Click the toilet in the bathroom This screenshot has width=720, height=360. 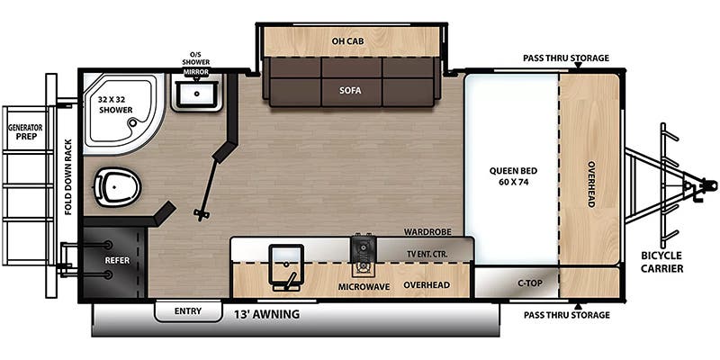pos(118,186)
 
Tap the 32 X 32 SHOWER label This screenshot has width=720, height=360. pos(115,104)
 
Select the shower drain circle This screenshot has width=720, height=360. pos(133,122)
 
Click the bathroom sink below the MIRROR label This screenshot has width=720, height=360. pos(196,94)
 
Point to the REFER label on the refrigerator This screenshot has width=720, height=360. pos(117,260)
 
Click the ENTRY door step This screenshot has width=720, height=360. pos(188,311)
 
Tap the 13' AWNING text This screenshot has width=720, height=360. pos(266,314)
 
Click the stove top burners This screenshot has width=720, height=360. pos(364,256)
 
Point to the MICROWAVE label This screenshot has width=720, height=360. pos(364,287)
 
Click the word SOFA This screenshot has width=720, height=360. pos(351,91)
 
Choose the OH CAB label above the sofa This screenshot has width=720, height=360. pos(347,41)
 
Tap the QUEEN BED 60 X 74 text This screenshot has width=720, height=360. pos(513,175)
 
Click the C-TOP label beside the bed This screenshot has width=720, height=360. pos(530,283)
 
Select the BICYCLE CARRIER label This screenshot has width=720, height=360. pos(661,262)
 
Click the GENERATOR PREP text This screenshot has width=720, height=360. pos(25,132)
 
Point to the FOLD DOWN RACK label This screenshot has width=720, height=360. pos(68,176)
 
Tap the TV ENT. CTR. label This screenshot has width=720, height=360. pos(427,254)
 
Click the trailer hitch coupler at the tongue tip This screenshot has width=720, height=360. pos(708,185)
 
